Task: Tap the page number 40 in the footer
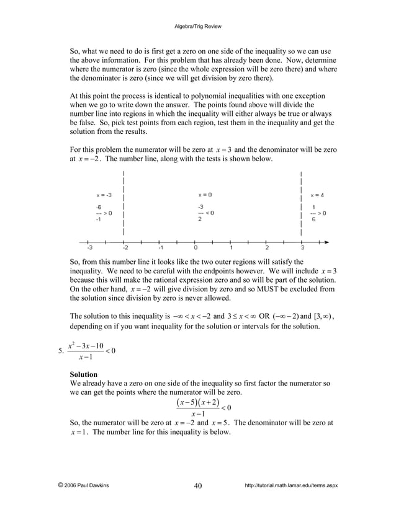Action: point(197,485)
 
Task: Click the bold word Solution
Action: point(83,374)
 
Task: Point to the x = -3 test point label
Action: point(104,195)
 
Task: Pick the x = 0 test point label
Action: point(205,195)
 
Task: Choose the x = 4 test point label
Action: point(317,195)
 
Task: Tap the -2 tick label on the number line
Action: point(124,247)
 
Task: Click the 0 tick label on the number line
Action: point(196,247)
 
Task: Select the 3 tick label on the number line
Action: point(302,247)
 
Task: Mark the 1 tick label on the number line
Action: point(232,247)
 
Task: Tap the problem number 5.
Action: point(58,355)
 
